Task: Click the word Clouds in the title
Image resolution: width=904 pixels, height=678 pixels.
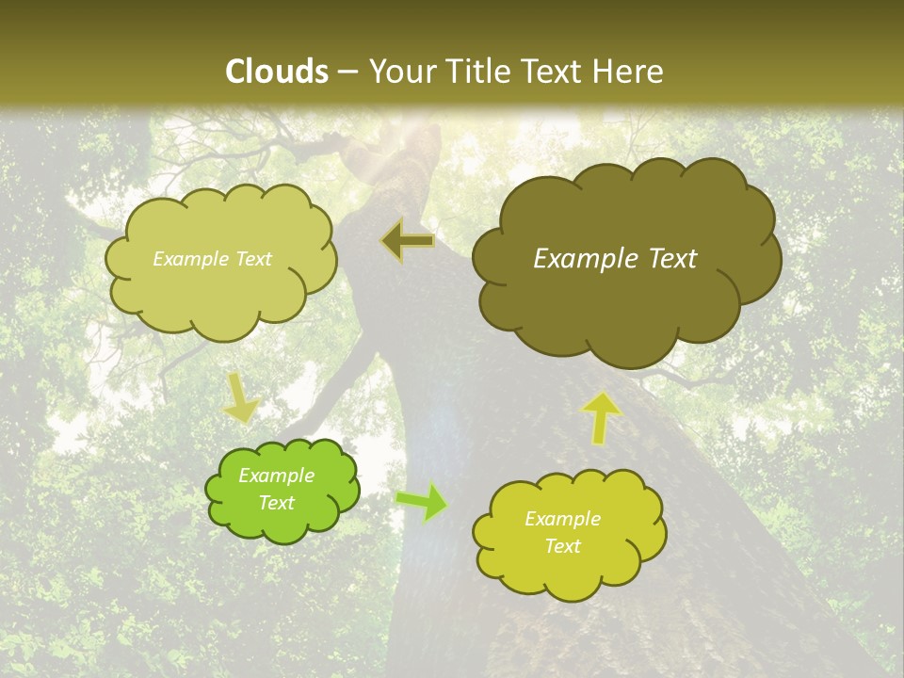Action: click(277, 72)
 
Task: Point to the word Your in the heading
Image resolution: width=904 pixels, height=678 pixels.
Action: click(399, 72)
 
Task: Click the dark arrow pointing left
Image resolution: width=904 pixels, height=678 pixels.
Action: click(408, 242)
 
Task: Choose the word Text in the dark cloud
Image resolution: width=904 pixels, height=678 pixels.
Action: click(672, 259)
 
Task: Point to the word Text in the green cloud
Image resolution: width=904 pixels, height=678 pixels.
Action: click(277, 503)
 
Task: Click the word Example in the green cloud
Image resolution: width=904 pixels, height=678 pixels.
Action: click(277, 476)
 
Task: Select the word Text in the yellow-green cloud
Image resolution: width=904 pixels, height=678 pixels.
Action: click(562, 546)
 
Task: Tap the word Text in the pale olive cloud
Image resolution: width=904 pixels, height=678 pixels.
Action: click(252, 259)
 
